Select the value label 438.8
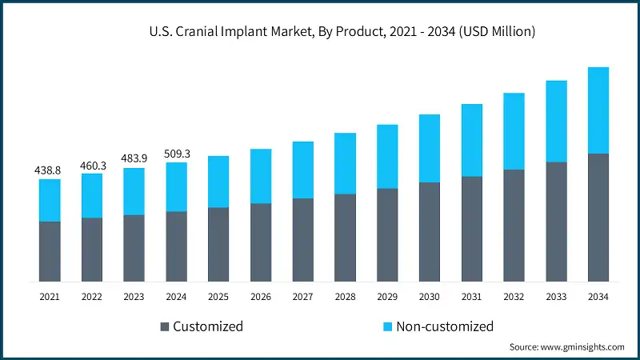tap(50, 170)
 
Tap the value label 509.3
tap(176, 154)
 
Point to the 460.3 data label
tap(92, 165)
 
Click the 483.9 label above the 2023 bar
tap(134, 159)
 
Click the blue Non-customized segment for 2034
tap(598, 110)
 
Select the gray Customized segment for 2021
tap(50, 251)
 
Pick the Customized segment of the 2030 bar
tap(430, 232)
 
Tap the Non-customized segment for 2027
tap(303, 170)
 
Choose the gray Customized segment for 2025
tap(218, 245)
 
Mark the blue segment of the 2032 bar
tap(514, 131)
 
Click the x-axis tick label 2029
tap(387, 297)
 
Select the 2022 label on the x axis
tap(92, 297)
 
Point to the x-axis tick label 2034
tap(598, 297)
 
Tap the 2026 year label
tap(261, 297)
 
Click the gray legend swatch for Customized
tap(165, 326)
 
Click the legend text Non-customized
tap(443, 326)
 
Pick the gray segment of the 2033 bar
tap(556, 222)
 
